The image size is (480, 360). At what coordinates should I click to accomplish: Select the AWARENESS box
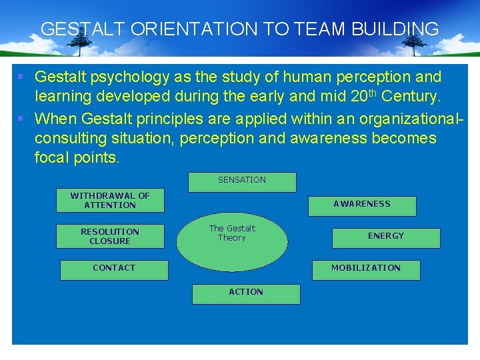pos(362,205)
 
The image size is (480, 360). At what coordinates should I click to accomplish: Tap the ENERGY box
pos(386,237)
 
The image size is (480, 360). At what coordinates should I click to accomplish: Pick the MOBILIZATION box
pos(366,269)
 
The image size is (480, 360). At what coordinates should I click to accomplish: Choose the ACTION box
pos(246,293)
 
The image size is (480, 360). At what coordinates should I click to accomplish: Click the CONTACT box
pos(114,269)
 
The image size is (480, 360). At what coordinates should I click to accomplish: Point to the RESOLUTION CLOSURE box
pos(110,237)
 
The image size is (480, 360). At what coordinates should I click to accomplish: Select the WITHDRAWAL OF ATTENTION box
pos(110,201)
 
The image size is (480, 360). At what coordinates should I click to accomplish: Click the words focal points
pos(77,158)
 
